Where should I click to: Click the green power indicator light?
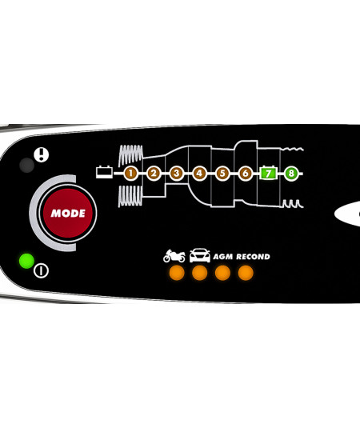point(26,261)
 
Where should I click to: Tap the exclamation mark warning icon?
point(42,154)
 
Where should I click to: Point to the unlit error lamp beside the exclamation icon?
point(26,165)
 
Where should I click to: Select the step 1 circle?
point(130,173)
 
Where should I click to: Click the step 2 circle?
point(154,173)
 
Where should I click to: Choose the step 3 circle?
point(177,173)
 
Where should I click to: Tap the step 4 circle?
point(199,173)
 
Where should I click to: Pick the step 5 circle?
point(222,173)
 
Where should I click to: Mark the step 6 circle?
point(246,173)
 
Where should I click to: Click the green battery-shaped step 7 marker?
point(268,173)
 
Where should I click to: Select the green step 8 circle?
point(291,173)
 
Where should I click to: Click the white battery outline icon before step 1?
point(104,172)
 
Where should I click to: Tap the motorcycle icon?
point(174,256)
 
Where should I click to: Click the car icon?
point(200,255)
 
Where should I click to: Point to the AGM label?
point(223,257)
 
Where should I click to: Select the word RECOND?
point(253,257)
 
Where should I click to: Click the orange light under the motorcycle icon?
point(177,273)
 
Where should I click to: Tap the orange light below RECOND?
point(246,273)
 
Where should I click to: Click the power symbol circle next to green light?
point(42,270)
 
